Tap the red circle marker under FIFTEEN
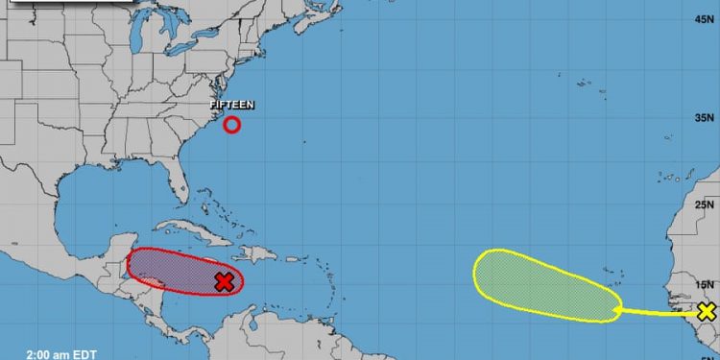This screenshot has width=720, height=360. [x=231, y=124]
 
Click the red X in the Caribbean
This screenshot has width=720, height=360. [x=224, y=281]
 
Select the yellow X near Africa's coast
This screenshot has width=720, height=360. [x=707, y=310]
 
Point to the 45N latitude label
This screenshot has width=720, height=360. [x=705, y=18]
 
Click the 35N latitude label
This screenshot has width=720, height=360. [x=705, y=116]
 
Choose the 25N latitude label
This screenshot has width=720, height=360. [x=705, y=204]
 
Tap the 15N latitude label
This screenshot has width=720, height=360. [x=705, y=284]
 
